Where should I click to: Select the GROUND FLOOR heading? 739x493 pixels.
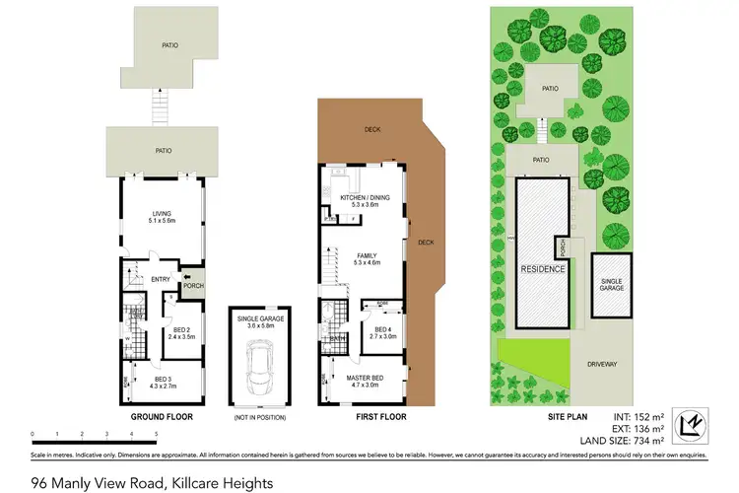pos(163,417)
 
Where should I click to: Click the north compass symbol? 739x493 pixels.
pos(700,421)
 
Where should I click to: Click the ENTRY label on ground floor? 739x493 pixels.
pos(161,279)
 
